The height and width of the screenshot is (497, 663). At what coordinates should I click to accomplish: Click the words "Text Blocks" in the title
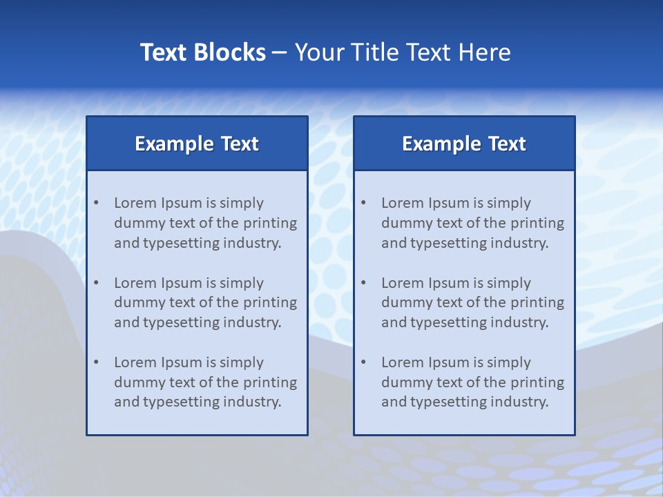202,52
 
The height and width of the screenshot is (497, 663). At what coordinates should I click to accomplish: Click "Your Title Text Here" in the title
403,52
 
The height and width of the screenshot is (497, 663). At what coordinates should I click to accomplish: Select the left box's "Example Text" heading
197,144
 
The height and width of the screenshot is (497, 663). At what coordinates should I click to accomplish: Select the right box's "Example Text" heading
464,144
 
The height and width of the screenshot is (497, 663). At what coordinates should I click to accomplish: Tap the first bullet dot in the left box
96,203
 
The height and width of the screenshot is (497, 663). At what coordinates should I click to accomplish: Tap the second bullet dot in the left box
96,283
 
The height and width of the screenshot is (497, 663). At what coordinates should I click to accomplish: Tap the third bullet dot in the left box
96,362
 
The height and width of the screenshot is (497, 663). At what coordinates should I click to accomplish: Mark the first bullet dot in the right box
363,203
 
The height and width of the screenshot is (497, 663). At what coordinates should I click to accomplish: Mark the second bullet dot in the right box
363,283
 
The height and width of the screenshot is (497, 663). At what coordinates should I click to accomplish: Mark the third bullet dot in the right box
363,362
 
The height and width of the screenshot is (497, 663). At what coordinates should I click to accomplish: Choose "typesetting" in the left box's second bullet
182,322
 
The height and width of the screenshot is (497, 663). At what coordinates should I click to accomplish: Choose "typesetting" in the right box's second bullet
450,322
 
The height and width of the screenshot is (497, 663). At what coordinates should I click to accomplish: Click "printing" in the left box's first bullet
271,223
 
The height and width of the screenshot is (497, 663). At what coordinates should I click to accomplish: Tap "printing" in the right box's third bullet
539,382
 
